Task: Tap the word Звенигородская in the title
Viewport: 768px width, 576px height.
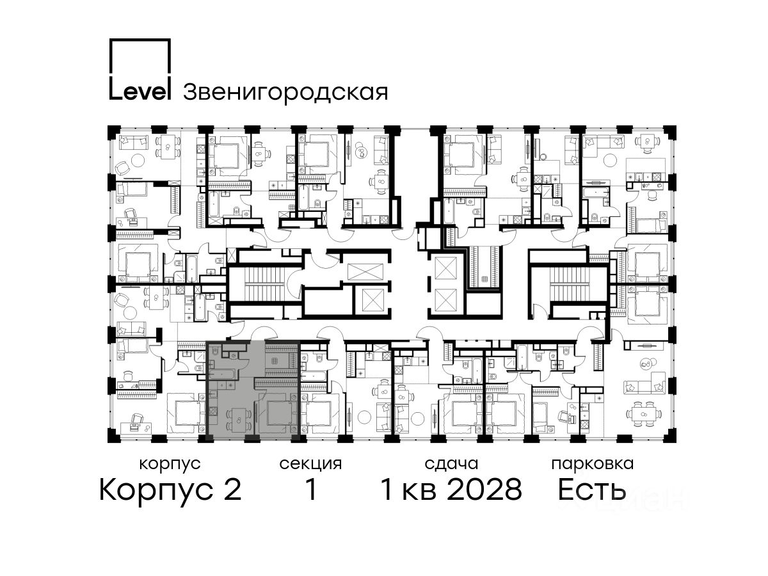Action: pos(285,92)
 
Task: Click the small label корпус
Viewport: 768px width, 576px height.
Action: pos(170,465)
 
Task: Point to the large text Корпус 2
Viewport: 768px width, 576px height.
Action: pos(170,490)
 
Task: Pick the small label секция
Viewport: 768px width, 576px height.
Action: pos(310,465)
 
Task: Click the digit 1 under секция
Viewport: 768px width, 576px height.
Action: pos(311,490)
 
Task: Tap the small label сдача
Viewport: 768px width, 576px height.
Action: pos(451,465)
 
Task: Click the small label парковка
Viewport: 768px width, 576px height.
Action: pos(593,464)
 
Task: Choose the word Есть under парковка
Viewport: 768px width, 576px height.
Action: pos(591,490)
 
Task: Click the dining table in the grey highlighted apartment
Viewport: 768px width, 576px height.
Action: pos(239,420)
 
